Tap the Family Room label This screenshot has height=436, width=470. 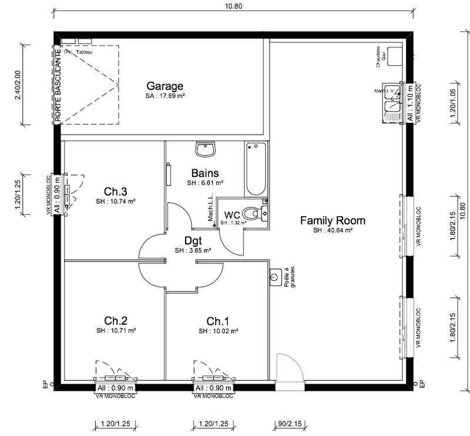[x=333, y=221]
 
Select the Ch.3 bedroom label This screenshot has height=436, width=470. [x=116, y=191]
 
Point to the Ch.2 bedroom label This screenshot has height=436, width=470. [x=116, y=321]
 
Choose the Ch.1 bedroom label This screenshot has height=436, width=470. [x=217, y=321]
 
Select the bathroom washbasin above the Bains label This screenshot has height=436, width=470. [x=206, y=150]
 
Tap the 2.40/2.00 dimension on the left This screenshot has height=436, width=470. [x=18, y=86]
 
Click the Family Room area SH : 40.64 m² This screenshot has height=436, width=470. [x=333, y=231]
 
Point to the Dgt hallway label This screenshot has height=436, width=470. [x=193, y=240]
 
